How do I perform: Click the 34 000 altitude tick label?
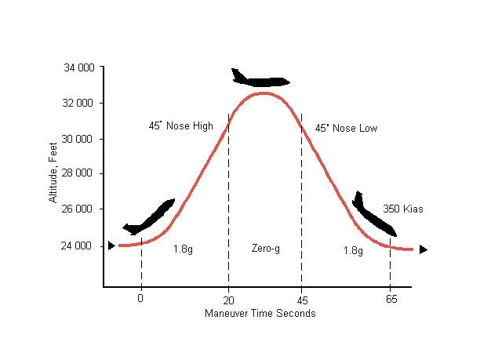click(78, 68)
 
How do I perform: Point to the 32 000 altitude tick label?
click(78, 104)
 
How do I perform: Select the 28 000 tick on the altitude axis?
click(78, 174)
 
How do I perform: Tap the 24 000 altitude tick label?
click(78, 246)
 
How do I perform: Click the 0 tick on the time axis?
click(140, 299)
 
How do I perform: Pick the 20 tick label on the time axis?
click(228, 299)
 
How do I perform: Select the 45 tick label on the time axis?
click(301, 299)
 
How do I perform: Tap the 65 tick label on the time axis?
click(390, 299)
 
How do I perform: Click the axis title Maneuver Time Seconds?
click(260, 314)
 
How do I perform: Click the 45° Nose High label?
click(180, 125)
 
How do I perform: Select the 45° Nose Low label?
click(346, 128)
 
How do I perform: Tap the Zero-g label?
click(265, 249)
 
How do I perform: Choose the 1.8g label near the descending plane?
click(353, 250)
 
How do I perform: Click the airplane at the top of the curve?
click(260, 78)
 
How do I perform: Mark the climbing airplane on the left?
click(149, 217)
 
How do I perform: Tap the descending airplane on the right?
click(373, 215)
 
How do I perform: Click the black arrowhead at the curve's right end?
click(424, 249)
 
